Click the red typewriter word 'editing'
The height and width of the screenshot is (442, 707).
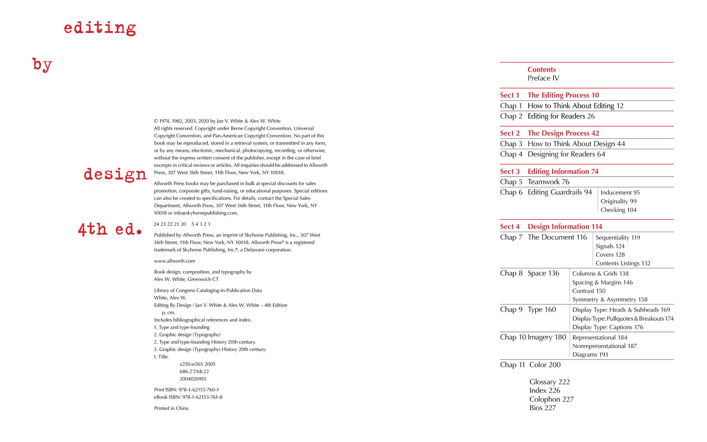click(x=100, y=28)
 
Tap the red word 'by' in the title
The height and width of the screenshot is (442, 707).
click(x=42, y=65)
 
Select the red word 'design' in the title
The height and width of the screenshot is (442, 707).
click(x=115, y=174)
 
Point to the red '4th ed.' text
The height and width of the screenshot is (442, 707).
click(x=110, y=229)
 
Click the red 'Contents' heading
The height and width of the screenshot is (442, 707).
click(x=541, y=70)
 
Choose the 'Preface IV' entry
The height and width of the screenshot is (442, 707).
click(x=543, y=78)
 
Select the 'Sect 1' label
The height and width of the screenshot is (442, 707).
click(x=510, y=95)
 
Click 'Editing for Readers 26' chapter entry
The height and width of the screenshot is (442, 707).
click(x=561, y=116)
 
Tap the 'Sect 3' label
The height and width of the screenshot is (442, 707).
click(x=510, y=171)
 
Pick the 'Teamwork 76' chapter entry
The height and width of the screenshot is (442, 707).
click(x=548, y=182)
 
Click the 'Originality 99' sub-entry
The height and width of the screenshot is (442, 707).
click(x=618, y=201)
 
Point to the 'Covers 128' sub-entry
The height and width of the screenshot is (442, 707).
click(x=610, y=255)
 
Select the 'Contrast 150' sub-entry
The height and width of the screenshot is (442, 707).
click(x=589, y=291)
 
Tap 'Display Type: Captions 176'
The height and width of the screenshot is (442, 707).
click(x=607, y=327)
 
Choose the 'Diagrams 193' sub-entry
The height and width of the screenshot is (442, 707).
click(x=590, y=354)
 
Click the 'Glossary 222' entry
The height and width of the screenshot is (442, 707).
click(x=549, y=382)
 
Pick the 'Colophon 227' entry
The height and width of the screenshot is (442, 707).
click(x=551, y=399)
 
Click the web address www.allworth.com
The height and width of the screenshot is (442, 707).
click(x=174, y=261)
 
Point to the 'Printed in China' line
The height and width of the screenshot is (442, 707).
click(x=171, y=408)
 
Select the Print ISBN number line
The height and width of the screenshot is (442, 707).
click(x=186, y=390)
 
